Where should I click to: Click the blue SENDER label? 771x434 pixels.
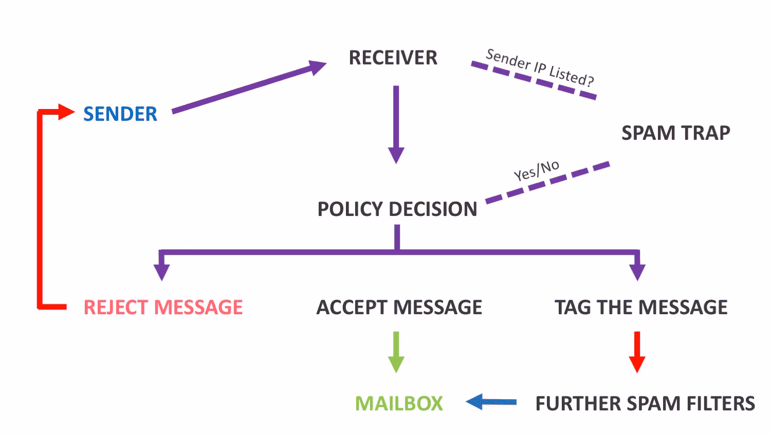120,114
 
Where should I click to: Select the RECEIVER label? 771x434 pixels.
393,58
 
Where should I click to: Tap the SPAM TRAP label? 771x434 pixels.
676,133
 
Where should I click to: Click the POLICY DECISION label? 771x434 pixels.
397,209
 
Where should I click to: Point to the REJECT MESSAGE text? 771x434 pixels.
163,307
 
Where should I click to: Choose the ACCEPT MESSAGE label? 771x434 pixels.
399,307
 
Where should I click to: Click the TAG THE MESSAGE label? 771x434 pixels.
641,307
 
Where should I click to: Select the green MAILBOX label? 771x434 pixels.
399,403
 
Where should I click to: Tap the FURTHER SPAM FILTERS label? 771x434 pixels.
646,403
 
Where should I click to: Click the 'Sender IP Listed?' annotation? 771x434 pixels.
540,67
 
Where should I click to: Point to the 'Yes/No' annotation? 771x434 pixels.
536,171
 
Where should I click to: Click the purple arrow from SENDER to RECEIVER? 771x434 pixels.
249,86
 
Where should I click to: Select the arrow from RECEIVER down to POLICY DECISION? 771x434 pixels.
396,124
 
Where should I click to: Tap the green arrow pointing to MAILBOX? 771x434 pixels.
396,352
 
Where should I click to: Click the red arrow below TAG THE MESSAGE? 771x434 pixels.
637,352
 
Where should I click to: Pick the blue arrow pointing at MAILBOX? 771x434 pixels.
491,402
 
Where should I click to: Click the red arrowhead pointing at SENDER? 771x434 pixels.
66,112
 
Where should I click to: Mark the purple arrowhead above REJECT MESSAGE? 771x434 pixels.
162,273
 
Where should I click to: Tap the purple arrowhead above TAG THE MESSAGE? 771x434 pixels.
637,273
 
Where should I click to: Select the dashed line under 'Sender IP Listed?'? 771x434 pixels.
534,80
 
